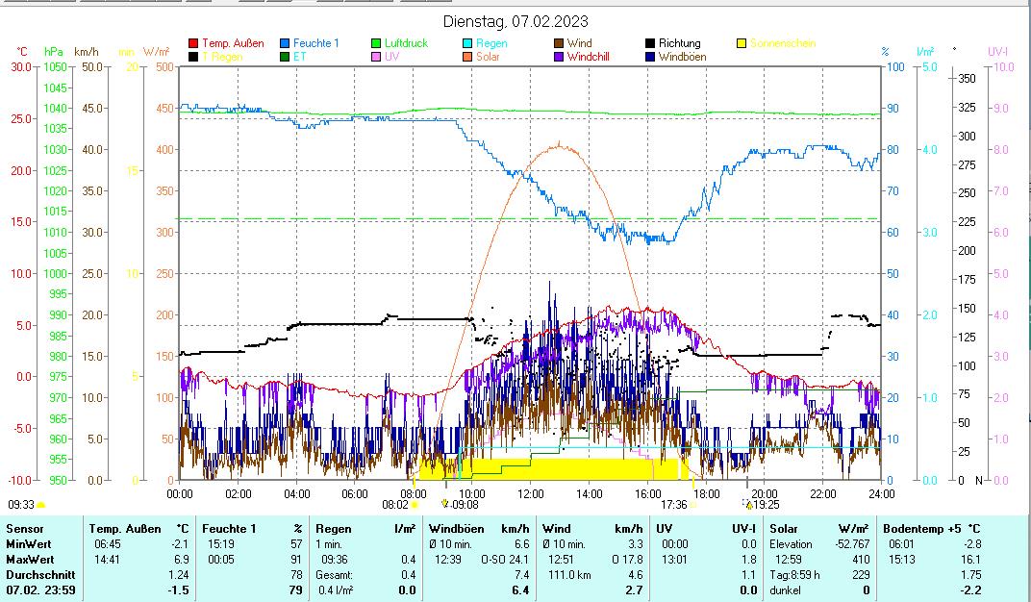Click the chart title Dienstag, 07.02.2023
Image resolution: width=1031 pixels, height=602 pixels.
pos(515,21)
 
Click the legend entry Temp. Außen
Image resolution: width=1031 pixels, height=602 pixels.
pos(232,43)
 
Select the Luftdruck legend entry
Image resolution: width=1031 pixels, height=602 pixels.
pos(405,43)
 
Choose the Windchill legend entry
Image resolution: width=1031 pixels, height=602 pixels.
pos(593,57)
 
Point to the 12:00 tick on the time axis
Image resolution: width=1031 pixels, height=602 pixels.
pos(531,494)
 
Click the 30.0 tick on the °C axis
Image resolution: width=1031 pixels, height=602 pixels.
pos(20,67)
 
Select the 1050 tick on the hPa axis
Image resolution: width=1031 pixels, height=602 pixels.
pos(55,67)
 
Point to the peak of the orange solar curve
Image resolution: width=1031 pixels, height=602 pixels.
pos(559,143)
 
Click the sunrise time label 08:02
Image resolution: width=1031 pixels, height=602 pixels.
pos(395,505)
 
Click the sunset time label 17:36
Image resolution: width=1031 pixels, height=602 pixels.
pos(673,505)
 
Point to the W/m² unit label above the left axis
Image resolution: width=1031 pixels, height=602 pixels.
pos(157,51)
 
